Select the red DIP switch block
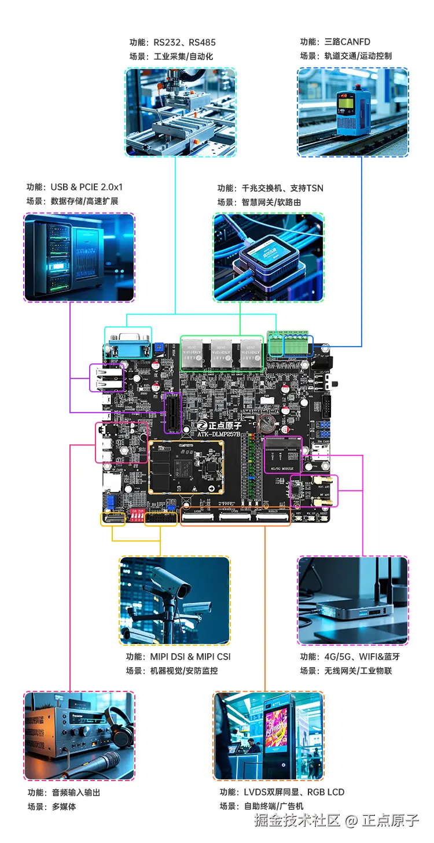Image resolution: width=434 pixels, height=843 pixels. coord(138,515)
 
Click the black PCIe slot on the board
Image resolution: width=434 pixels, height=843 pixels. coord(172,412)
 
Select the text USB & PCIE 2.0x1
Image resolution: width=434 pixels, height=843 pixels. coord(86,187)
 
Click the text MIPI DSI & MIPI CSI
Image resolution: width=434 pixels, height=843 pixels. coord(190,657)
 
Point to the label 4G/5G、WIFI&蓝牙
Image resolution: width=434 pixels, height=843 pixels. coord(362,657)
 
